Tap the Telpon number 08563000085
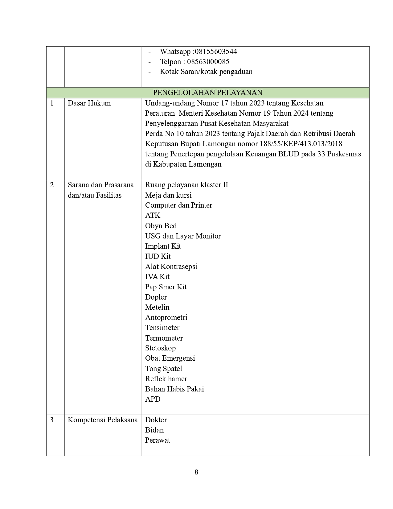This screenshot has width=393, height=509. (x=208, y=62)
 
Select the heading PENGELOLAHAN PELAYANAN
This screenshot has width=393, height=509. (x=208, y=93)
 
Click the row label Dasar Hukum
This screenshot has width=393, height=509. (x=89, y=103)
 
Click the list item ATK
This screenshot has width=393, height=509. (x=153, y=215)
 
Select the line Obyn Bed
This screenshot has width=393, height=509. (x=161, y=226)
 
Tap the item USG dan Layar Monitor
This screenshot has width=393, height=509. (x=183, y=236)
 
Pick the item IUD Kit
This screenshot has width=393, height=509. (x=158, y=256)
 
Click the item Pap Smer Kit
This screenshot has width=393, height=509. (x=166, y=287)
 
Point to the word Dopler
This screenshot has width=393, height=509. (x=156, y=297)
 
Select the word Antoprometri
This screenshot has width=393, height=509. (x=166, y=317)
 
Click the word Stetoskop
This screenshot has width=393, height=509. (x=160, y=348)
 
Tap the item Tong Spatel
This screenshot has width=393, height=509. (x=163, y=369)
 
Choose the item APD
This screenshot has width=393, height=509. (x=153, y=399)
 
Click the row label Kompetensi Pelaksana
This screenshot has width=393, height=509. (x=103, y=420)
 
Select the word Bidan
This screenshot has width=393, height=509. (x=154, y=430)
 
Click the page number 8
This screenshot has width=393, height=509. (x=196, y=472)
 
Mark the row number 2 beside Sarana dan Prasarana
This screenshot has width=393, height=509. (x=52, y=185)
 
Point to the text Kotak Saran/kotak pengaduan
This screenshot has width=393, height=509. (x=206, y=72)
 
